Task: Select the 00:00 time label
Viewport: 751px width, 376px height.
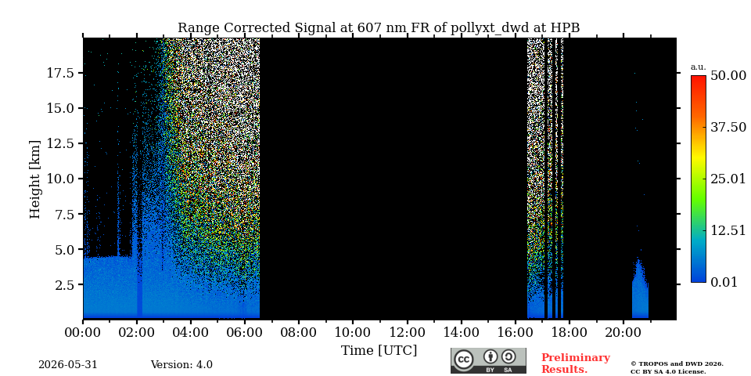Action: [83, 332]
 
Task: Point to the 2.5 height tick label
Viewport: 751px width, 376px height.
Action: [65, 285]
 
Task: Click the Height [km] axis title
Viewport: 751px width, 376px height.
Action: [35, 179]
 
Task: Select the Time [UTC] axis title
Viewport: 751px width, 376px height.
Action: [379, 350]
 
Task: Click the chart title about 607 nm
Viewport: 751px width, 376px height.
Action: [379, 28]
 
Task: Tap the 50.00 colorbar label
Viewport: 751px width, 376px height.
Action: [728, 76]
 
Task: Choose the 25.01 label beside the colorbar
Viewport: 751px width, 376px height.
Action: [728, 179]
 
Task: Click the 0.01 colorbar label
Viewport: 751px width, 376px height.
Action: [724, 282]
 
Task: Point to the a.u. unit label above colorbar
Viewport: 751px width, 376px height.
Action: [698, 67]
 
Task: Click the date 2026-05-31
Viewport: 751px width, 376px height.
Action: [68, 364]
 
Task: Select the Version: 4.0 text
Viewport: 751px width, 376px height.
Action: [181, 364]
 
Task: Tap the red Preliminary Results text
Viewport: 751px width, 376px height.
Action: [576, 363]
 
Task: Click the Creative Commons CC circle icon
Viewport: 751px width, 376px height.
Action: [463, 360]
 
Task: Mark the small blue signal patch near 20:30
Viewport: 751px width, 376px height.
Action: [640, 289]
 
